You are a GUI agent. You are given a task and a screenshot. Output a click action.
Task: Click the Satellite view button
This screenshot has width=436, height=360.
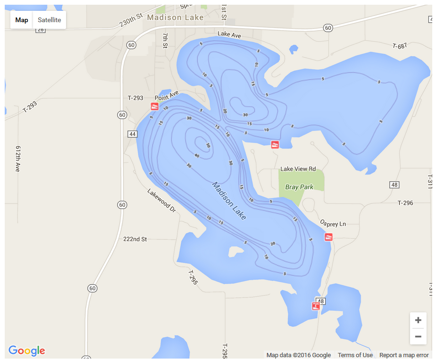pyautogui.click(x=49, y=20)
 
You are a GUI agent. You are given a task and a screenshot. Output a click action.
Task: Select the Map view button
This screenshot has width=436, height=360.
pyautogui.click(x=22, y=20)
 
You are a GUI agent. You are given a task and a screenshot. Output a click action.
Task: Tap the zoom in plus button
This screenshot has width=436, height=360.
pyautogui.click(x=418, y=320)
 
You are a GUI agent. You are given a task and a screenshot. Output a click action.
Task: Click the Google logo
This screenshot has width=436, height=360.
pyautogui.click(x=27, y=351)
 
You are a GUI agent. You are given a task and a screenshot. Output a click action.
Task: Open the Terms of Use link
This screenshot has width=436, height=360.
pyautogui.click(x=355, y=355)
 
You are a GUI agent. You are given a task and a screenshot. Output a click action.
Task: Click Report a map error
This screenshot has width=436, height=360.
pyautogui.click(x=404, y=355)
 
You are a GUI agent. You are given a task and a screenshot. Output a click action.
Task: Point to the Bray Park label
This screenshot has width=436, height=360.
pyautogui.click(x=299, y=187)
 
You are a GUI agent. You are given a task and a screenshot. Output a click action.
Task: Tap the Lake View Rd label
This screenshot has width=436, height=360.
pyautogui.click(x=298, y=169)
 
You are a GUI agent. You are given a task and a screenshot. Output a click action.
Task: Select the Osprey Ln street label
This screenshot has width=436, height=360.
pyautogui.click(x=333, y=224)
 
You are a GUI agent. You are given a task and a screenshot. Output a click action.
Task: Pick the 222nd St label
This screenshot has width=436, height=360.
pyautogui.click(x=135, y=239)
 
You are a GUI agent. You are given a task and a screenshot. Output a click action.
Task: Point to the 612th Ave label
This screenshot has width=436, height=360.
pyautogui.click(x=18, y=158)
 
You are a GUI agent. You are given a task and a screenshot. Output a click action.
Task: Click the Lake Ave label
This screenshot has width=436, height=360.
pyautogui.click(x=229, y=34)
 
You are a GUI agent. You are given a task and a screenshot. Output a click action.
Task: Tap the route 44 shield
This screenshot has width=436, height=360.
pyautogui.click(x=132, y=134)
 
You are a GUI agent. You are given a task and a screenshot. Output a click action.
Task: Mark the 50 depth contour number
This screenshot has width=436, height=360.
pyautogui.click(x=208, y=145)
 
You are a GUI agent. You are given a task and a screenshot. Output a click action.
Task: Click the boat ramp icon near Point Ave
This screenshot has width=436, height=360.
pyautogui.click(x=154, y=106)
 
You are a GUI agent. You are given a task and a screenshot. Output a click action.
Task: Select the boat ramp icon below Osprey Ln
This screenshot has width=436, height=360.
pyautogui.click(x=329, y=237)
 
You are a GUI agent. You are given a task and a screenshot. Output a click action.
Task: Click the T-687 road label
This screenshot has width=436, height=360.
pyautogui.click(x=399, y=46)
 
